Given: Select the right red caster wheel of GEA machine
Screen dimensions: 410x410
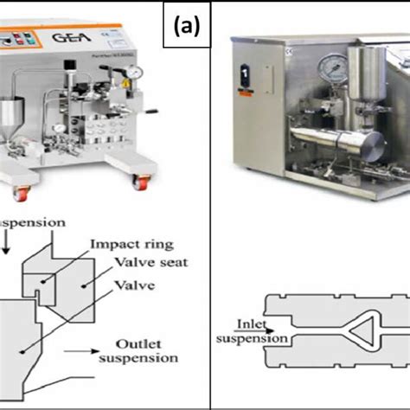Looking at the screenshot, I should [x=138, y=181].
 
